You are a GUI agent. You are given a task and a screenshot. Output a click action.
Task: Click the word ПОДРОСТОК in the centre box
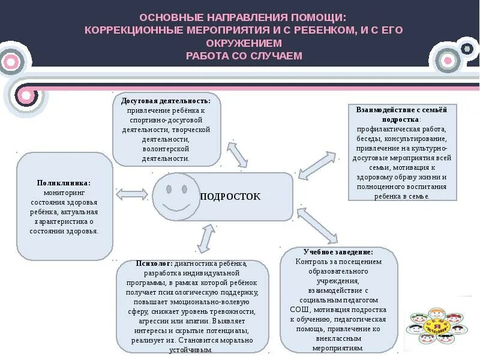pos(230,197)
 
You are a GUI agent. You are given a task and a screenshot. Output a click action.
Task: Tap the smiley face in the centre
pos(176,197)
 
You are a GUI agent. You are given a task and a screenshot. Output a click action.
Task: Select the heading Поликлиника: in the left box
pos(64,183)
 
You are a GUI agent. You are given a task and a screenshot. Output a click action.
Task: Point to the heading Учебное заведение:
pos(338,253)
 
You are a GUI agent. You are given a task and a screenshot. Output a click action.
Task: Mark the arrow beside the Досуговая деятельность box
pos(236,154)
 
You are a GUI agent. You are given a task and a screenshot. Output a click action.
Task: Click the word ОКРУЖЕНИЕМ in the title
pos(244,43)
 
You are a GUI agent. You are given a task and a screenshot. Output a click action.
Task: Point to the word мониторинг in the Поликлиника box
pos(64,193)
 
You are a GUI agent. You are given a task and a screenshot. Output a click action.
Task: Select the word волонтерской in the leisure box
pos(166,149)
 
